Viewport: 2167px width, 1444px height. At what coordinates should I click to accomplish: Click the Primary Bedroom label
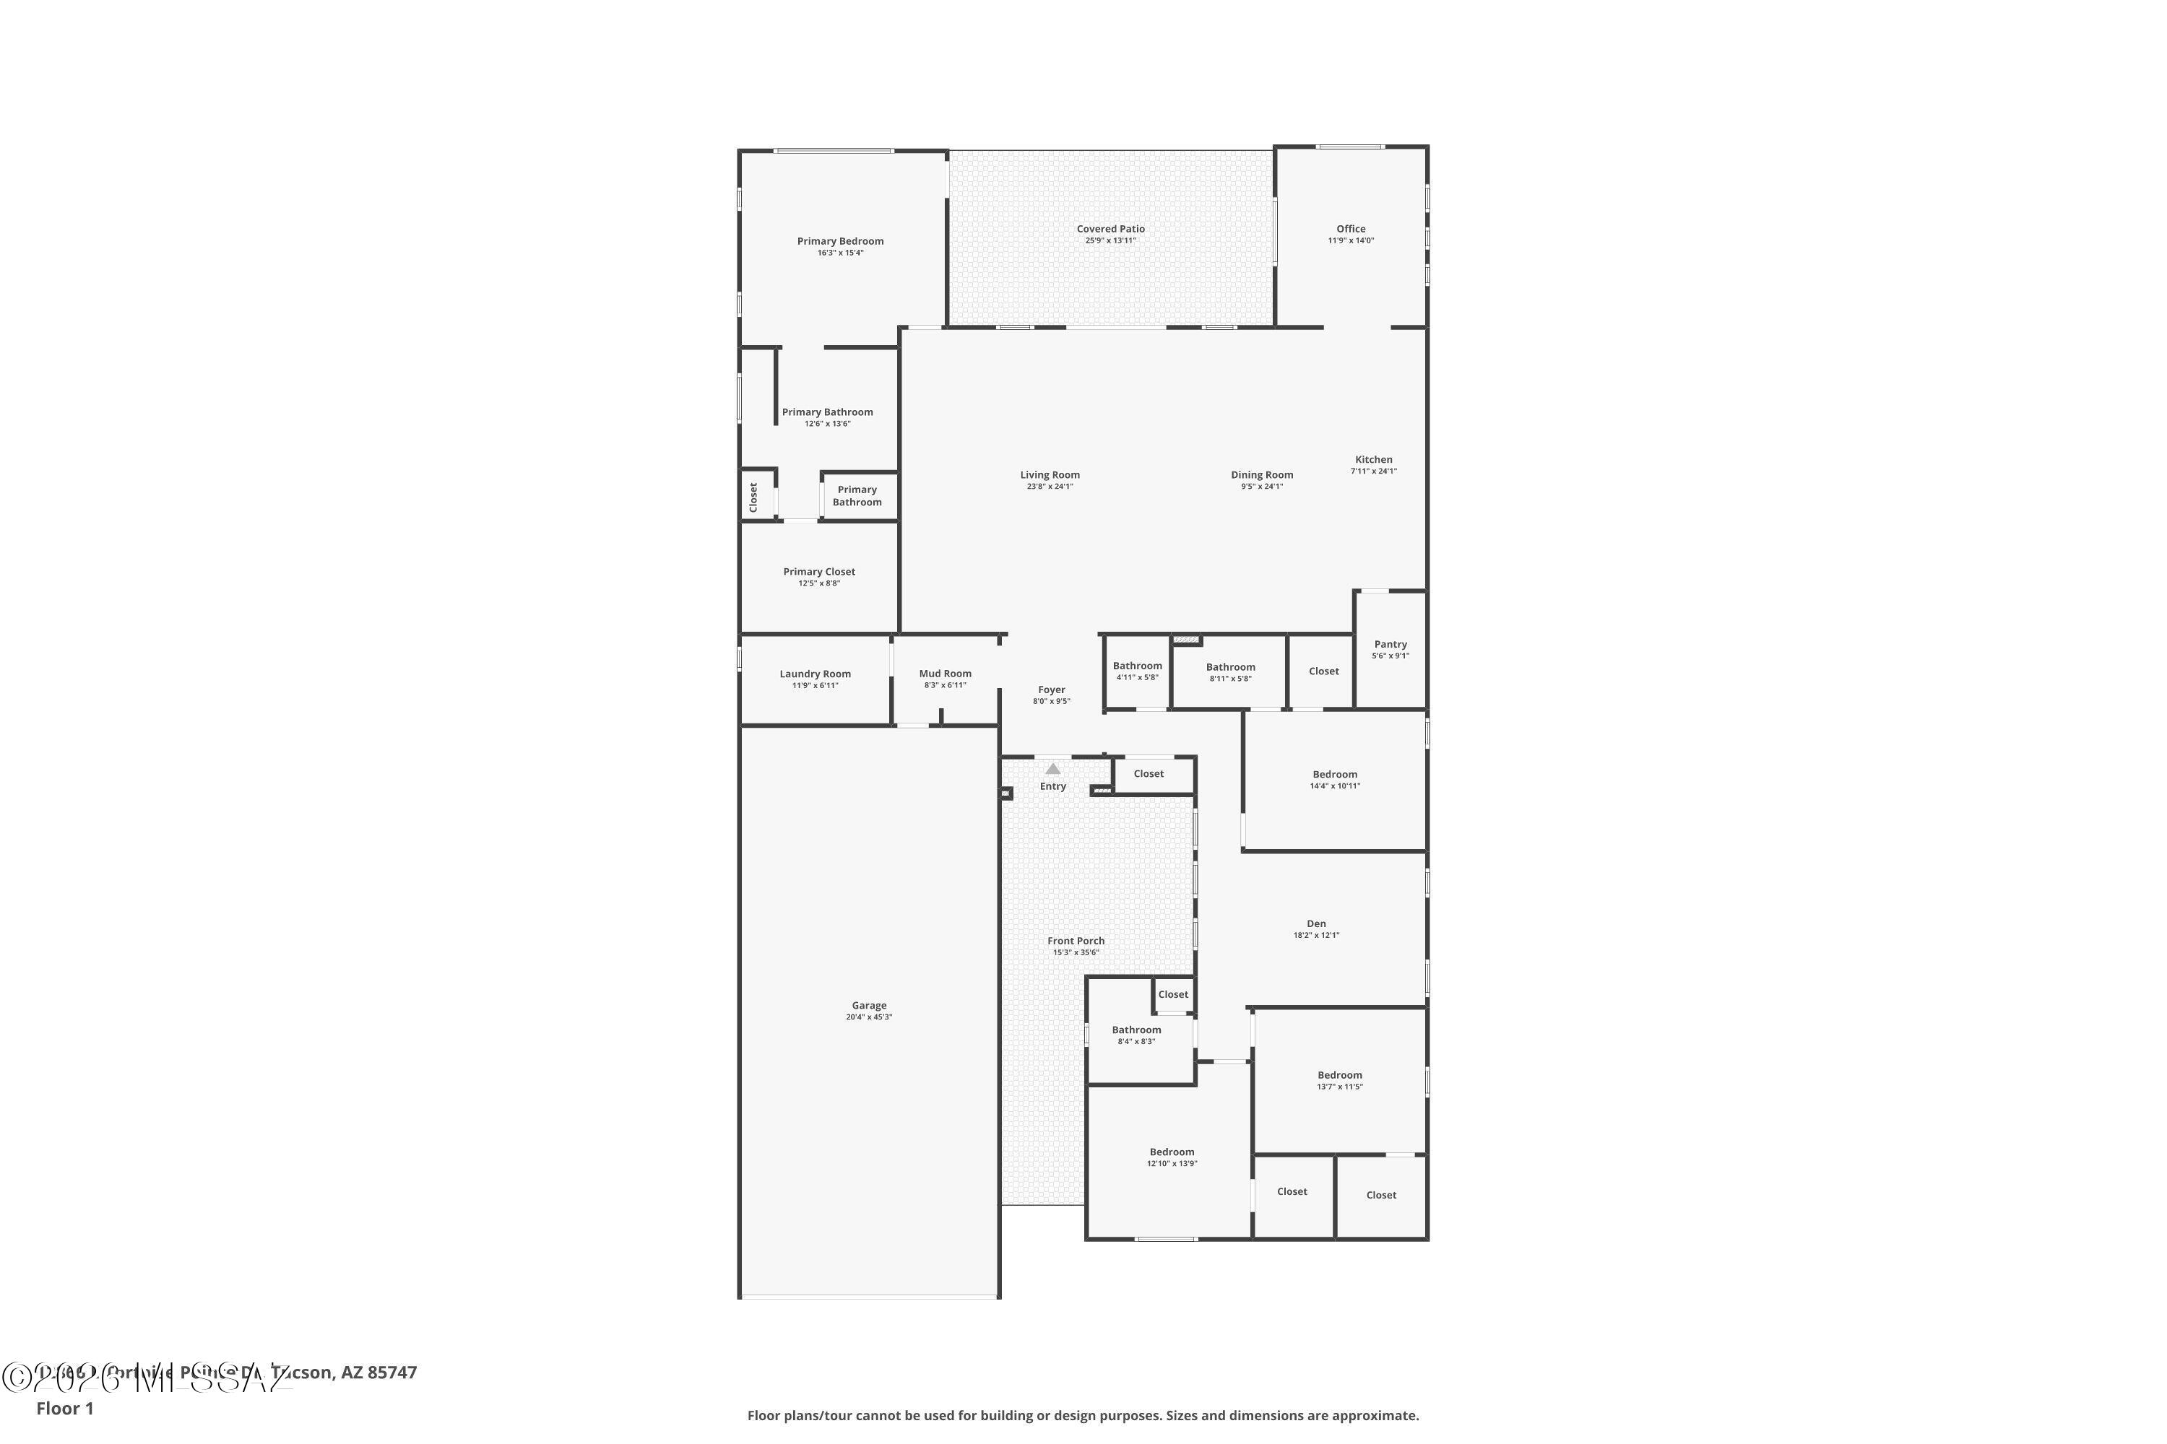[839, 241]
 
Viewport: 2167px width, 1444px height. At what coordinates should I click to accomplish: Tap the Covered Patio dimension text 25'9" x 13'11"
[1110, 241]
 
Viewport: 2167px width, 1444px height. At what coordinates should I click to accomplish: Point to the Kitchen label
[1373, 459]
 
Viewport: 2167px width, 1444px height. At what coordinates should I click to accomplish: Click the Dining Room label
[1261, 475]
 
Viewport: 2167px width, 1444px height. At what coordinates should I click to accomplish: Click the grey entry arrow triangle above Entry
[1052, 769]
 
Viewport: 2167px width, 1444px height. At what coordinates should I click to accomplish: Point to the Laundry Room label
[815, 674]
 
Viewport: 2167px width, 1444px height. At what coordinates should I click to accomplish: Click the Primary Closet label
[818, 572]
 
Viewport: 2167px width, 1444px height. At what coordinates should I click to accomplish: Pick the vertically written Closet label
[753, 497]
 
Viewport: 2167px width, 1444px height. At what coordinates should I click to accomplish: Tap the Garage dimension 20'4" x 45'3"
[869, 1017]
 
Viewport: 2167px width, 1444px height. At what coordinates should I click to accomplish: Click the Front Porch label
[1076, 941]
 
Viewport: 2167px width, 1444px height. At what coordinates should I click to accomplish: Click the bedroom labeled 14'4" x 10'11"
[1334, 780]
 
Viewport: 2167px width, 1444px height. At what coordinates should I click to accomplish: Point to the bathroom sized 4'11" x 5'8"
[1137, 671]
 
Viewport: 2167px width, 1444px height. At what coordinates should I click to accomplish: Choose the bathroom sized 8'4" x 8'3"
[1136, 1035]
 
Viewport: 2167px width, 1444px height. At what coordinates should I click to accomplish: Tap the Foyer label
[1051, 690]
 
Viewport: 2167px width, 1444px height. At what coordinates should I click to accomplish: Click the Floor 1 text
[64, 1408]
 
